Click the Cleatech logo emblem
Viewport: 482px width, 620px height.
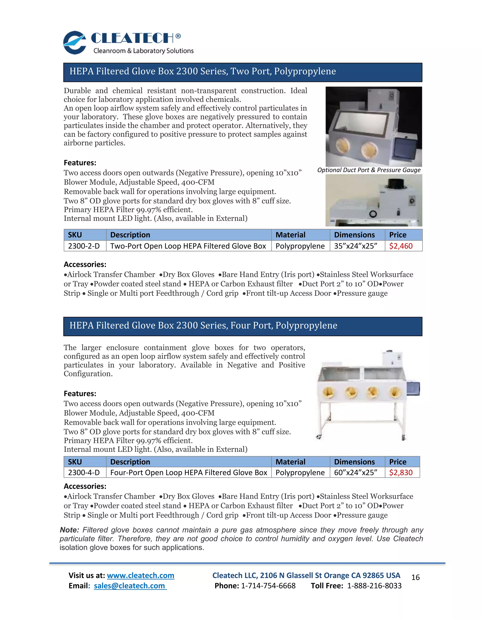point(74,43)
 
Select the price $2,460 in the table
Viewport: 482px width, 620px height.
point(401,246)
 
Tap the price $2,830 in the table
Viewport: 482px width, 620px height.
point(401,472)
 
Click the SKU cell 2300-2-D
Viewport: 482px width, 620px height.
point(84,246)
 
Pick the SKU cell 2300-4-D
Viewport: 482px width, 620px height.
point(84,472)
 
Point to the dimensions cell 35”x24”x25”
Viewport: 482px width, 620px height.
point(355,246)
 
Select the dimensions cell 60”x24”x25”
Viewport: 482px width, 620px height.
point(355,472)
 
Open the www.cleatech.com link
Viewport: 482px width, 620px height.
point(141,575)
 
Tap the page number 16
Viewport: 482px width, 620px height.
point(415,577)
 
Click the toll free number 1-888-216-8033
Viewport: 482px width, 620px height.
point(374,586)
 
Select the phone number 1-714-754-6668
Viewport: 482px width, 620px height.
point(268,586)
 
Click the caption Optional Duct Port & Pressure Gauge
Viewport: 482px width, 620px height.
point(369,170)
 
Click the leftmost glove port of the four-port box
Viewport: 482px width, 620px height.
point(329,393)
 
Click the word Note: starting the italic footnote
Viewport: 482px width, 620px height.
point(69,530)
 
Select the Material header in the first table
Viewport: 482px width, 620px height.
point(290,235)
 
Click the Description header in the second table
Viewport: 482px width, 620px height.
point(130,462)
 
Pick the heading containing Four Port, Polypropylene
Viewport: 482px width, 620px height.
point(203,325)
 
